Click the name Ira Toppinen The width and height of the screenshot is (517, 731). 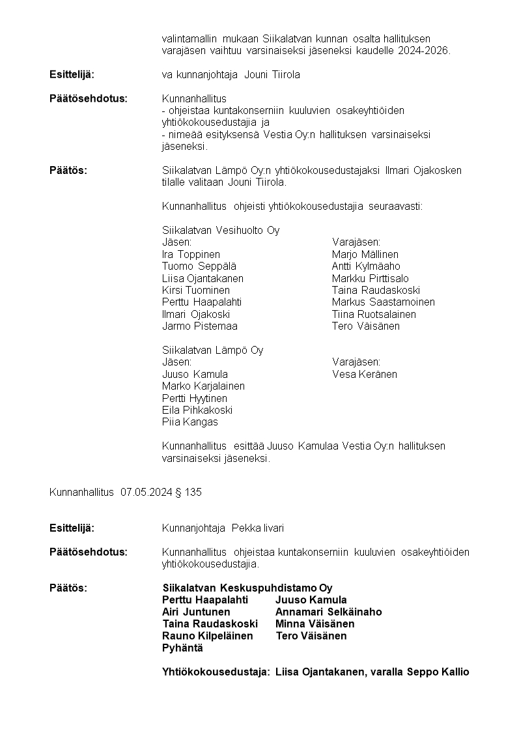(191, 254)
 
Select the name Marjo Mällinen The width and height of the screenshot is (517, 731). (365, 254)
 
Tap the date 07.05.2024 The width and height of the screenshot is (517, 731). (147, 492)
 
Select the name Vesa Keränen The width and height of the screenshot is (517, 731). (364, 374)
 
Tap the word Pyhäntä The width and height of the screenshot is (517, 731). (182, 648)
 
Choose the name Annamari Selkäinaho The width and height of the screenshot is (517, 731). (328, 612)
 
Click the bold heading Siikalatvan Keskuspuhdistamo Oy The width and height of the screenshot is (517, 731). (247, 588)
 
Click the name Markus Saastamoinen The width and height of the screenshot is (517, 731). (383, 302)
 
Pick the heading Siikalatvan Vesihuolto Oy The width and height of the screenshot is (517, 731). (221, 230)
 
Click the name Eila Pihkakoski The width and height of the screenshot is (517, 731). (197, 410)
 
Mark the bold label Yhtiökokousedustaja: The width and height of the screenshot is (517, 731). (216, 672)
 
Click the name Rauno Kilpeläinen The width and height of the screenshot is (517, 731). (207, 635)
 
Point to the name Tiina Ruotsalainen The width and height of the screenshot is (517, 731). (374, 314)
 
